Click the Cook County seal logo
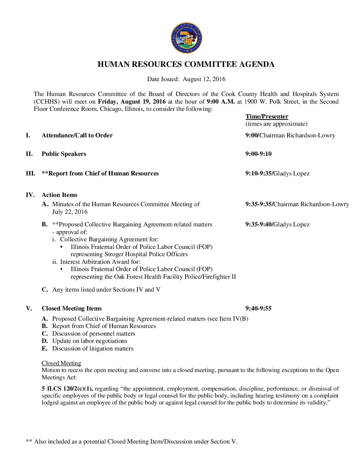(x=187, y=38)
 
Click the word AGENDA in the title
(x=257, y=64)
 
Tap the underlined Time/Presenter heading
(x=267, y=117)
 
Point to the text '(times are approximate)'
(x=276, y=124)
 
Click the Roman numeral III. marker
(x=30, y=173)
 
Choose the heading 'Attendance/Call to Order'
(x=77, y=135)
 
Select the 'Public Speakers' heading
(x=64, y=154)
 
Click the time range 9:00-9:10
(x=258, y=154)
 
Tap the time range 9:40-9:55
(x=258, y=308)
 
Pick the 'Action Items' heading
(x=60, y=195)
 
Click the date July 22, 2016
(x=70, y=212)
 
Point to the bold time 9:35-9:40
(x=258, y=224)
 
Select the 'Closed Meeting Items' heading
(x=72, y=308)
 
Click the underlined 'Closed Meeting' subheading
(x=61, y=363)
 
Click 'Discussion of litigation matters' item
(x=93, y=349)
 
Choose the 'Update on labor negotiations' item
(x=90, y=341)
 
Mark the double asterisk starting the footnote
(x=29, y=442)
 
